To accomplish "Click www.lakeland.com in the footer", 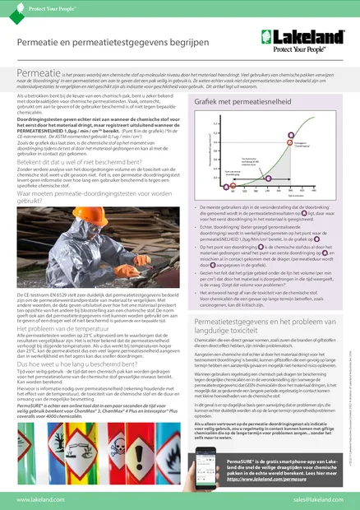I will tap(40, 498).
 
